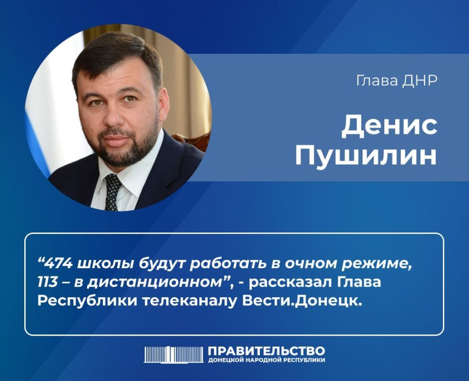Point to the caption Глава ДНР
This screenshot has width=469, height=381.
point(397,80)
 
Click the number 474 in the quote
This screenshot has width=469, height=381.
point(58,263)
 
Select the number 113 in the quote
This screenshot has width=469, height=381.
point(47,282)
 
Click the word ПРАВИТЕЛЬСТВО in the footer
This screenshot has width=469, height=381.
point(266,351)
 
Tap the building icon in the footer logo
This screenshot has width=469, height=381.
point(173,355)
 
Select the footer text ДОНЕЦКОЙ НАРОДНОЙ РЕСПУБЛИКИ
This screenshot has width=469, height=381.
point(266,360)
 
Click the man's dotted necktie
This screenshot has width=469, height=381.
point(113,192)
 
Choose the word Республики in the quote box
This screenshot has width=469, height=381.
point(87,301)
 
